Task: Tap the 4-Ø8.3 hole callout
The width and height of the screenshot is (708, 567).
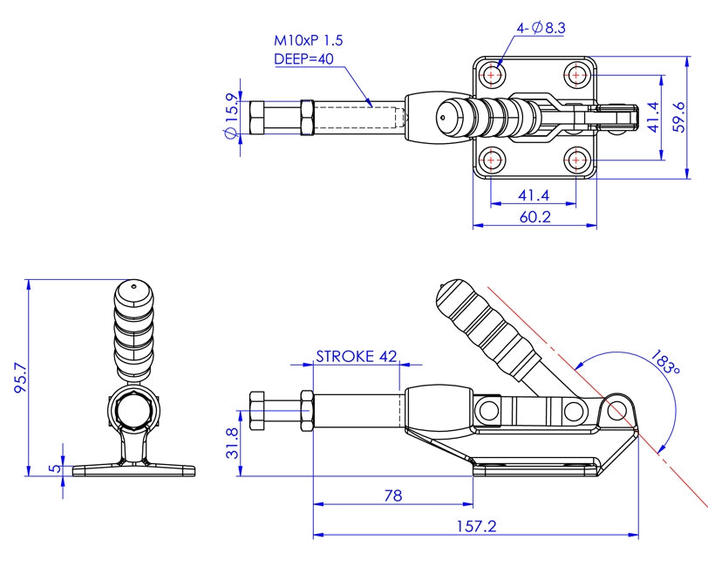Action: click(x=541, y=28)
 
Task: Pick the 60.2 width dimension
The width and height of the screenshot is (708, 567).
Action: click(x=534, y=216)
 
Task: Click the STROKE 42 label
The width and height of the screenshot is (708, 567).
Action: click(x=356, y=356)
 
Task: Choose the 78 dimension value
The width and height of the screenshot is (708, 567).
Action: click(x=392, y=495)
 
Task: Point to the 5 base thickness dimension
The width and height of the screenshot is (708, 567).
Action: click(x=54, y=468)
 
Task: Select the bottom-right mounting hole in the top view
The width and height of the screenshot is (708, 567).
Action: click(x=577, y=159)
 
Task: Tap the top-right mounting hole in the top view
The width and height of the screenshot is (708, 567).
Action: click(x=577, y=75)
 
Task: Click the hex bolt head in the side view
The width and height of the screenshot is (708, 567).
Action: click(x=257, y=410)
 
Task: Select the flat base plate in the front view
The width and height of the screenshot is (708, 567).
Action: click(x=133, y=470)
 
